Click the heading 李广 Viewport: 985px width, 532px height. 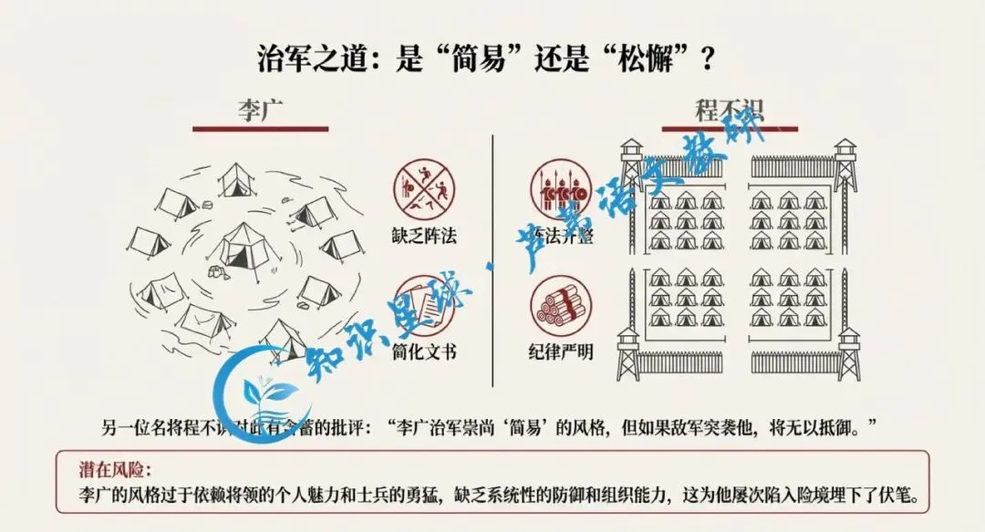pyautogui.click(x=260, y=110)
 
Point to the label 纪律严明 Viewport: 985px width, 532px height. pyautogui.click(x=560, y=351)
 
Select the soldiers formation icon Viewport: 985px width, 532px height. pyautogui.click(x=560, y=189)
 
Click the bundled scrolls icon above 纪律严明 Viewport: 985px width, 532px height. pyautogui.click(x=560, y=303)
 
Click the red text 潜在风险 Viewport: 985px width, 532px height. pyautogui.click(x=115, y=471)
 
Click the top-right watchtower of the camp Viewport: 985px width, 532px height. pyautogui.click(x=845, y=164)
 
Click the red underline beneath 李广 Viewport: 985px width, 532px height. pyautogui.click(x=260, y=129)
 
